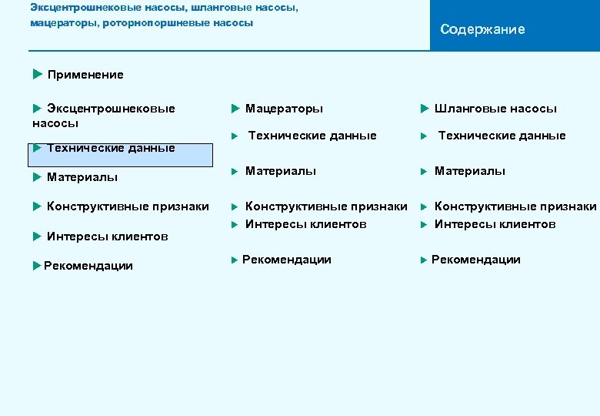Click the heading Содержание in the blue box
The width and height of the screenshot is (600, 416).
tap(482, 29)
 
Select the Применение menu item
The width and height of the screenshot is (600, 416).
tap(85, 75)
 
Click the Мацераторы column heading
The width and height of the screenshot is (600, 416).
tap(284, 109)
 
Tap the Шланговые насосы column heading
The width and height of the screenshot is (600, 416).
tap(495, 109)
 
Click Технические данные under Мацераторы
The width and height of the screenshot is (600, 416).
tap(312, 136)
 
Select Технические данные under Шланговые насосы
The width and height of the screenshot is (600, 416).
tap(502, 136)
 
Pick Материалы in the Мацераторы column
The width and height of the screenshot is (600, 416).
tap(280, 171)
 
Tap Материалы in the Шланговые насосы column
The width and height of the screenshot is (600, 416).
tap(469, 171)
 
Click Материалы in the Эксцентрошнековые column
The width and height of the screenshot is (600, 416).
tap(82, 177)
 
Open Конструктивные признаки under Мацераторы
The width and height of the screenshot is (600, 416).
tap(326, 206)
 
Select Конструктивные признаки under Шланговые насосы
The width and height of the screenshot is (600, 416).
tap(515, 206)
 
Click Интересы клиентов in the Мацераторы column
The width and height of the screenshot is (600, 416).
tap(305, 224)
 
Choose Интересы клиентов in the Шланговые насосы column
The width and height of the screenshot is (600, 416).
tap(495, 224)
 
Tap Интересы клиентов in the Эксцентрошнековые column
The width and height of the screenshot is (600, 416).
tap(107, 237)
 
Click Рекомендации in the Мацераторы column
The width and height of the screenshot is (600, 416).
tap(286, 260)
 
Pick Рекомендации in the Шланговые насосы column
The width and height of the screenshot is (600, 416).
tap(475, 260)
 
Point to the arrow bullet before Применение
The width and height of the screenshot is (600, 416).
tap(38, 74)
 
